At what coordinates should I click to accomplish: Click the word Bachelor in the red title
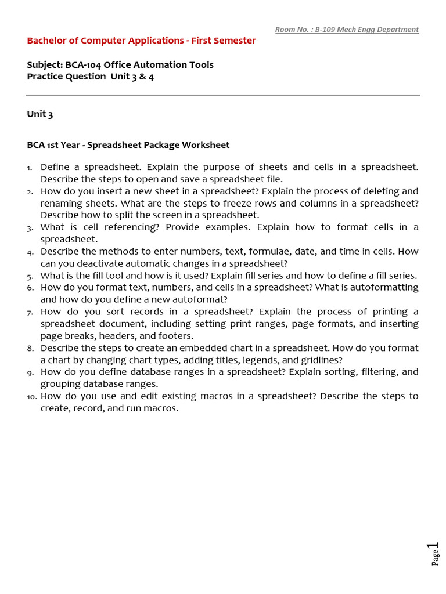pos(47,41)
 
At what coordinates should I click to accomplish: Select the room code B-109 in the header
pos(327,30)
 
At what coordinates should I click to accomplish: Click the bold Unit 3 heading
pos(40,114)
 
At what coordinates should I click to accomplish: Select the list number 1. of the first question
pos(30,168)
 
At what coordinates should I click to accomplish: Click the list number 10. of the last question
pos(31,397)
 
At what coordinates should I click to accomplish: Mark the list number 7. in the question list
pos(30,313)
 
